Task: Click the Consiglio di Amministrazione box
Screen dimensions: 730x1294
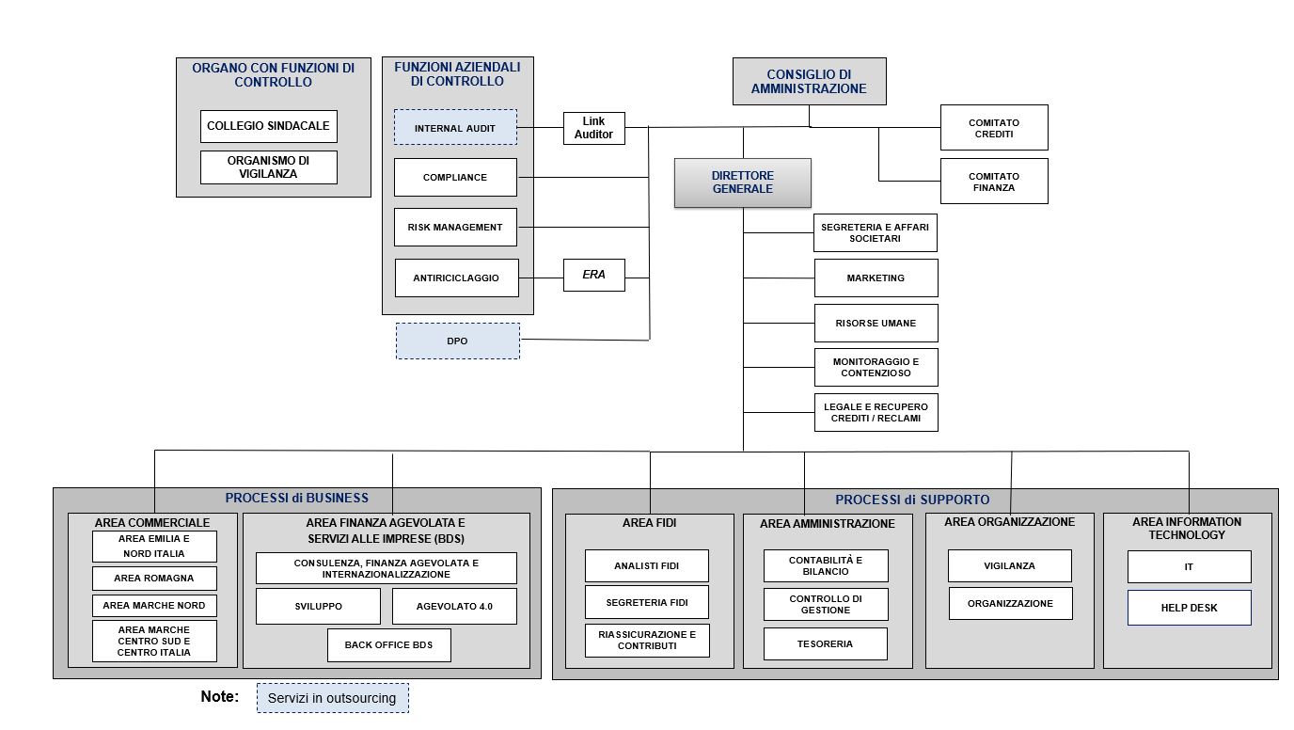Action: [809, 82]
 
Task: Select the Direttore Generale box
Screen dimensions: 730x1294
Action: [742, 182]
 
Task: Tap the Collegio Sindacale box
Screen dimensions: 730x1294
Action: [269, 126]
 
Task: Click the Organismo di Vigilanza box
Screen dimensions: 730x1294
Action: [269, 167]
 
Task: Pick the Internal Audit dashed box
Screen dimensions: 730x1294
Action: [455, 127]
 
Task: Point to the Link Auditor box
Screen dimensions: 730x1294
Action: [593, 128]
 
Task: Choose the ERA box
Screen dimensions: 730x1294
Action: [593, 276]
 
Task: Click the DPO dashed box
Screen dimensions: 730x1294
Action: [457, 341]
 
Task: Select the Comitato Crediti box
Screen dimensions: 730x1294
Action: [994, 128]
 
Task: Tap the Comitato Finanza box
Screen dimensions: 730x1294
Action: [994, 182]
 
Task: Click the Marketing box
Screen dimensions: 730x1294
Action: [876, 278]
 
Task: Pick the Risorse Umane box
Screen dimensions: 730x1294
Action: [876, 323]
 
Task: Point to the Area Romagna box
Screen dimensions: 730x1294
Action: [154, 578]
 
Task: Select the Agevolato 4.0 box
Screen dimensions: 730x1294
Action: [454, 607]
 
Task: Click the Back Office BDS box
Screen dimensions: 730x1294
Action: [389, 645]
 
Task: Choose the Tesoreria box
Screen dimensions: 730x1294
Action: [825, 644]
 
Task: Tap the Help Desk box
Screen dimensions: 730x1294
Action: [1189, 608]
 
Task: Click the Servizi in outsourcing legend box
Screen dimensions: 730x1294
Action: [333, 698]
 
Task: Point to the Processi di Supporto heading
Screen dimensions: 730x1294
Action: [911, 500]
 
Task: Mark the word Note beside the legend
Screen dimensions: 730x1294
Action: [220, 697]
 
